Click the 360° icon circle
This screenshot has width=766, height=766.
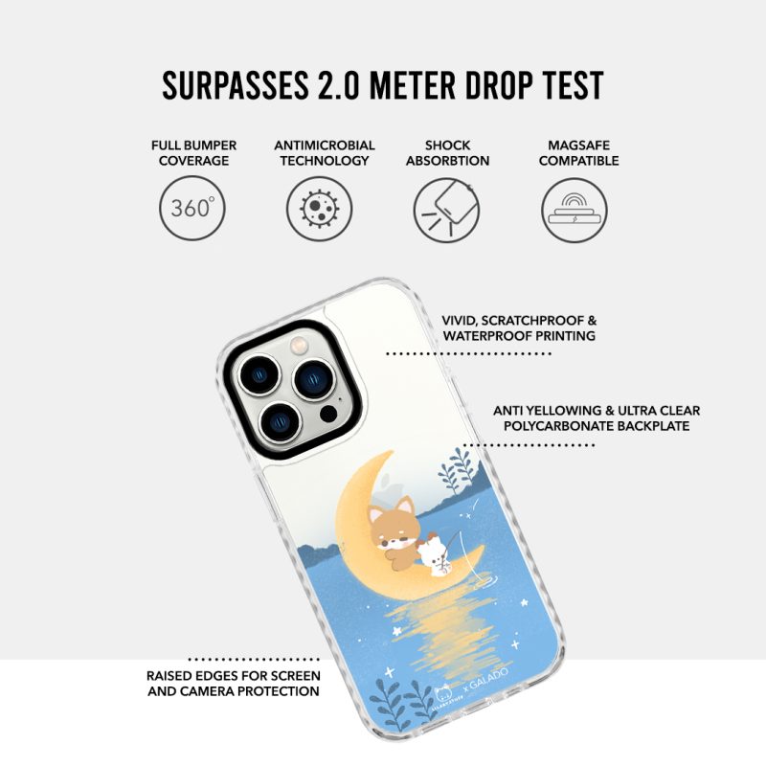[x=192, y=208]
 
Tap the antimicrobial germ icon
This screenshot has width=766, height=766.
[x=319, y=208]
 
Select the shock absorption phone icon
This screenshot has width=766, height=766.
[x=446, y=210]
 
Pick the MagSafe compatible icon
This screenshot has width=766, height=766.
[x=574, y=210]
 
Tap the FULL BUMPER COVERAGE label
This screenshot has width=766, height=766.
[x=193, y=153]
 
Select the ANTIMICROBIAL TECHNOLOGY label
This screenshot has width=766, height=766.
[x=325, y=153]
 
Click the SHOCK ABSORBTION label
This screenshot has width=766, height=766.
[x=447, y=153]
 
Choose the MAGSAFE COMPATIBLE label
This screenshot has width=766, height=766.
[x=579, y=153]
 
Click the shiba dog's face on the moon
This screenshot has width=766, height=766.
[x=391, y=531]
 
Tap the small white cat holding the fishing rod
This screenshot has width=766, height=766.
[x=437, y=556]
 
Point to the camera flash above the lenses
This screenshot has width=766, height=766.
[x=299, y=346]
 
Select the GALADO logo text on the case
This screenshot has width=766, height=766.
[x=488, y=679]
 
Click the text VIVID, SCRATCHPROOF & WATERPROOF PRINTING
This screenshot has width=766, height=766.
[x=519, y=327]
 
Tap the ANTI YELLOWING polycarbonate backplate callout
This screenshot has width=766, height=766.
[x=597, y=417]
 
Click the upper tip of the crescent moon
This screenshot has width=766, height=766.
[x=393, y=451]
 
